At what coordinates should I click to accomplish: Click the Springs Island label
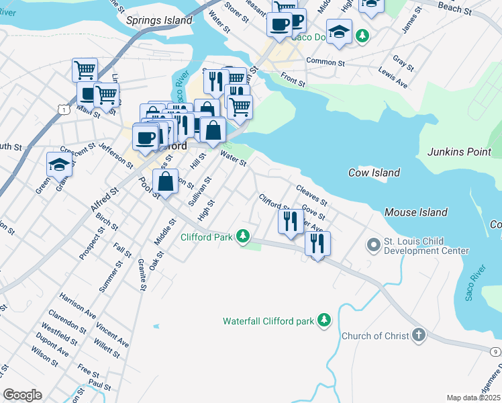tap(160, 20)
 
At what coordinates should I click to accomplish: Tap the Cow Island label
tap(374, 173)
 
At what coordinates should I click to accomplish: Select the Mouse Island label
tap(415, 212)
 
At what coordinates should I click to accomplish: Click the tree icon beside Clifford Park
tap(243, 236)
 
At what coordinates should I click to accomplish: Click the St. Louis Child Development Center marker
tap(373, 245)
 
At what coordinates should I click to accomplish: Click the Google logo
tap(22, 395)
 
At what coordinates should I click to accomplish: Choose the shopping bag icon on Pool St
tap(166, 181)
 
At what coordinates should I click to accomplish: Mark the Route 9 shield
tap(495, 351)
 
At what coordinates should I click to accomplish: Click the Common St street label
tap(325, 61)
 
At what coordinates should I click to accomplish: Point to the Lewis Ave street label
tap(393, 78)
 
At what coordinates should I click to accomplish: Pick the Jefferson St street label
tap(115, 155)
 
